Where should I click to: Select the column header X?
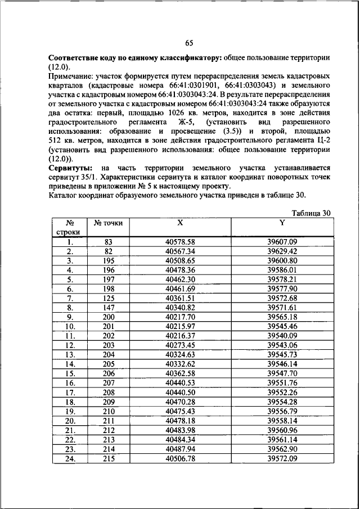(180, 222)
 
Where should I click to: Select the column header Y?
(282, 222)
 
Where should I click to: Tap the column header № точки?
(109, 223)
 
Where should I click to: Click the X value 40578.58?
(180, 242)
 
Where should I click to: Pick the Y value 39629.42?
(282, 251)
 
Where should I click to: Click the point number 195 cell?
(109, 260)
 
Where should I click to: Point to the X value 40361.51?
(180, 298)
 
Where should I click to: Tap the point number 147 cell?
(109, 307)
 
